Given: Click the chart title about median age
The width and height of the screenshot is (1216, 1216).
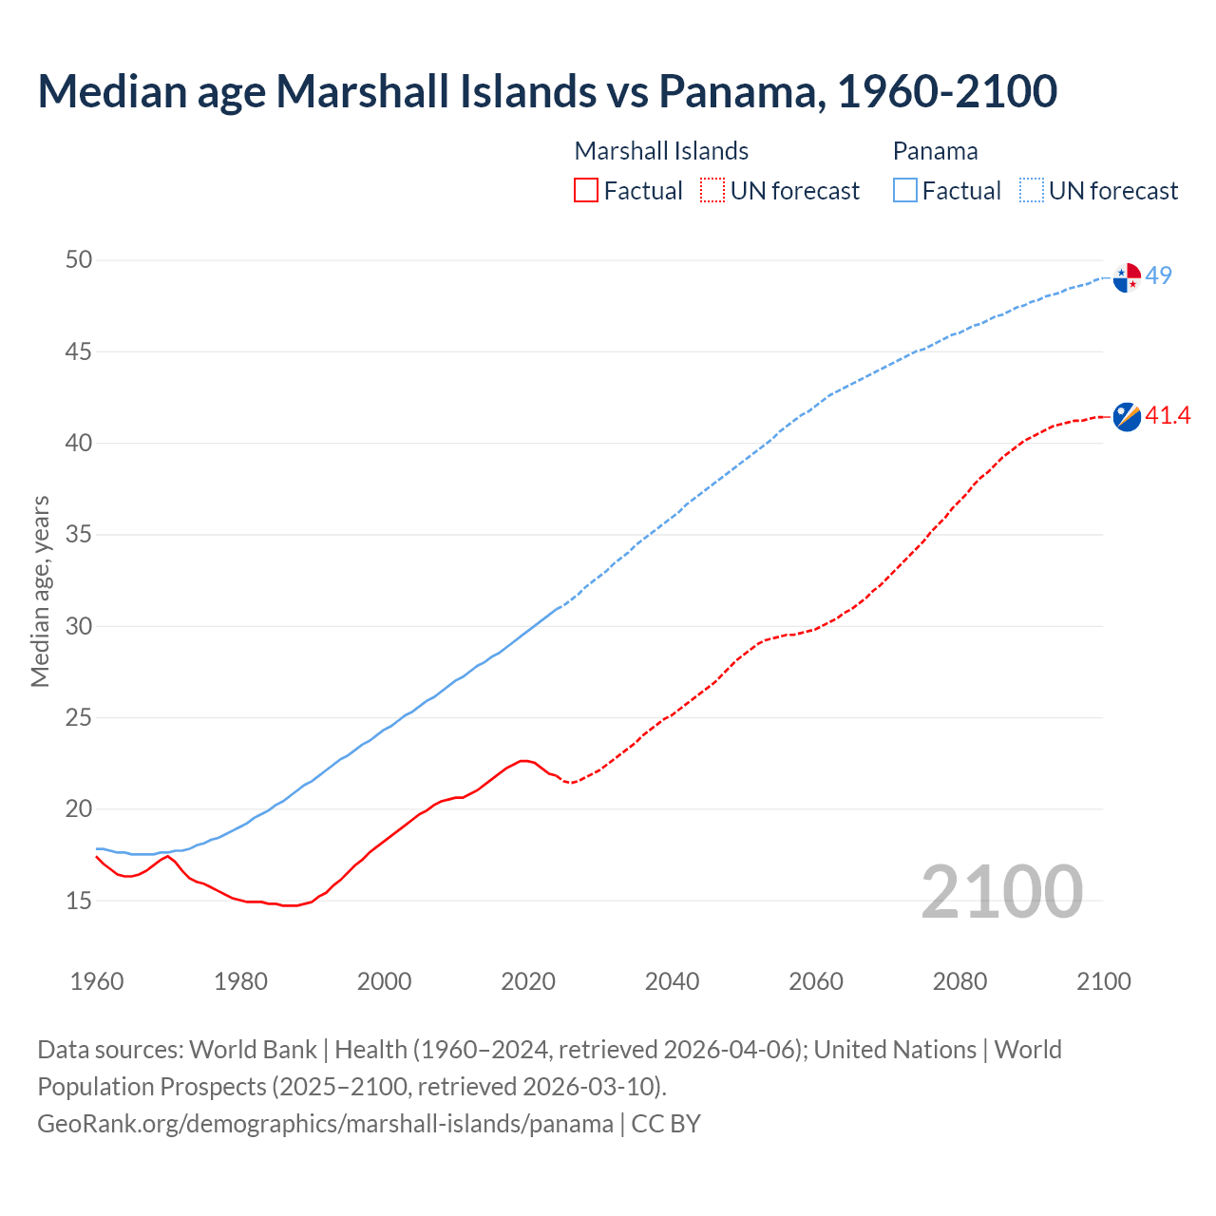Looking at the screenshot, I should (546, 91).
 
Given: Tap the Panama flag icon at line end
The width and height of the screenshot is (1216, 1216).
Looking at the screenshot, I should (1127, 277).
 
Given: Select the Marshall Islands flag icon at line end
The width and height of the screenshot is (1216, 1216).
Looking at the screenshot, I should (1127, 416).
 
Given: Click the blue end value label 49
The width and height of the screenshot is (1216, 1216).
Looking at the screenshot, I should (1158, 275).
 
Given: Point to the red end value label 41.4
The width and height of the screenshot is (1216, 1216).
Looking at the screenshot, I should (1168, 415).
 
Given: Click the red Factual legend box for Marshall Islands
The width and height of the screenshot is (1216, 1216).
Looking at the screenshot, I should (586, 191).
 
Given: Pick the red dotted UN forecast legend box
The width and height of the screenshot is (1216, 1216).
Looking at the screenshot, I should (712, 191).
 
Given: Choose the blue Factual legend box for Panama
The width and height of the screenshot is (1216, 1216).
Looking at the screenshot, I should (905, 191).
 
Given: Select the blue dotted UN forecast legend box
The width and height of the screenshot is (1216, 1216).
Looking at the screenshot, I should (1031, 191).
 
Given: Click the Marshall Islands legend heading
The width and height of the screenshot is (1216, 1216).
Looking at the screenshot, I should (661, 151).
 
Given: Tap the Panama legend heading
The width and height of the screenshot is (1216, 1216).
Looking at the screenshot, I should (935, 151).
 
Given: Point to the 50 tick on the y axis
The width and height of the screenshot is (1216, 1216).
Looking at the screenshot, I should (79, 259).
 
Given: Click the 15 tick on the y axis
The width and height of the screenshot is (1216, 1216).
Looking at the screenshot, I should (79, 900).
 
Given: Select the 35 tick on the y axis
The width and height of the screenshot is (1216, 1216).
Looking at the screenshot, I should (79, 534).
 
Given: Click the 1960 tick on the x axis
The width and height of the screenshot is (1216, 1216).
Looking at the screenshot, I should (97, 981).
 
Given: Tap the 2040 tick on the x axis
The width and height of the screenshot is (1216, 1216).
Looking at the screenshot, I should (672, 981).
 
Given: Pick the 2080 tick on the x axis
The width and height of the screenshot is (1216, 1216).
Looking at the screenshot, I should (959, 981).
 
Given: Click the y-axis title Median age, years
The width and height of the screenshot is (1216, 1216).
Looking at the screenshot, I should (40, 591).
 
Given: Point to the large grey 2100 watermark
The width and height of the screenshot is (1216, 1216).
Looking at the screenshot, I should (1001, 891).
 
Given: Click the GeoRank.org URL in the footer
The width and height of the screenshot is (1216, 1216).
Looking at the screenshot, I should (325, 1123).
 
